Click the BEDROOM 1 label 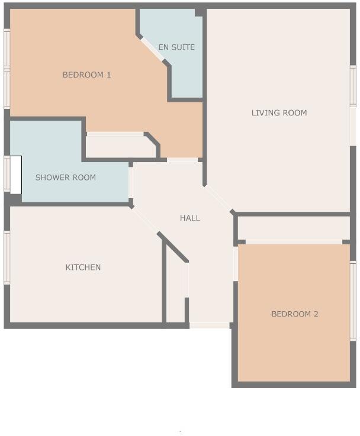[x=87, y=75]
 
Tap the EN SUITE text [x=176, y=47]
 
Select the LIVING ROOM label [x=279, y=113]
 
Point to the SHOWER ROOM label [x=65, y=177]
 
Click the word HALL [x=190, y=218]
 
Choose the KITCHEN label [x=83, y=267]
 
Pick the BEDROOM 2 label [x=295, y=314]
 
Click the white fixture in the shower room [x=16, y=175]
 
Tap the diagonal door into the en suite [x=152, y=49]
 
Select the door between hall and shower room [x=131, y=183]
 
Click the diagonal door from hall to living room [x=218, y=199]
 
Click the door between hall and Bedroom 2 [x=235, y=264]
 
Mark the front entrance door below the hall [x=210, y=325]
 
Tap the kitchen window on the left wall [x=7, y=257]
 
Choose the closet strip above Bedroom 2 [x=294, y=228]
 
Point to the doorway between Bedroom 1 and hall [x=182, y=160]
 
